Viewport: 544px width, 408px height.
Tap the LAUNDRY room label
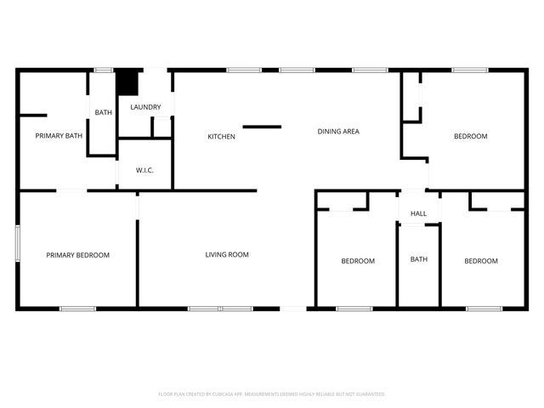(145, 107)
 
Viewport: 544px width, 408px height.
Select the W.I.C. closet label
(144, 170)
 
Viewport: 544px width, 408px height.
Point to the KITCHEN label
(222, 136)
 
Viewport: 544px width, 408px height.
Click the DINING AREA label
(338, 131)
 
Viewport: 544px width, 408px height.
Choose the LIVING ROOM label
(227, 254)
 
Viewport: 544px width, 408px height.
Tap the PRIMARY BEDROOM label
(77, 254)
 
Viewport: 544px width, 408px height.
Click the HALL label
(418, 213)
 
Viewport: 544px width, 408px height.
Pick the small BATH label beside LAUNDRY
(103, 112)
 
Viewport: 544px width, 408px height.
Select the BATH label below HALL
(419, 259)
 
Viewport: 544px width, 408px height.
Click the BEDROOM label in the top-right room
(470, 136)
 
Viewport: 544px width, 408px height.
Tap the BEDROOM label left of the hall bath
(358, 261)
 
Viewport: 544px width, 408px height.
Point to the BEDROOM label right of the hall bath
(481, 261)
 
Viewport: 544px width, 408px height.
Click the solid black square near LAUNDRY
(127, 82)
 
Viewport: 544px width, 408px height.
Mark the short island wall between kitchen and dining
(262, 127)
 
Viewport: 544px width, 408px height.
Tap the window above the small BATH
(104, 70)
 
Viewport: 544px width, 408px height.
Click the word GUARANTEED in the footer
(368, 394)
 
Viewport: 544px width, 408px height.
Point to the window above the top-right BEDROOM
(464, 70)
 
